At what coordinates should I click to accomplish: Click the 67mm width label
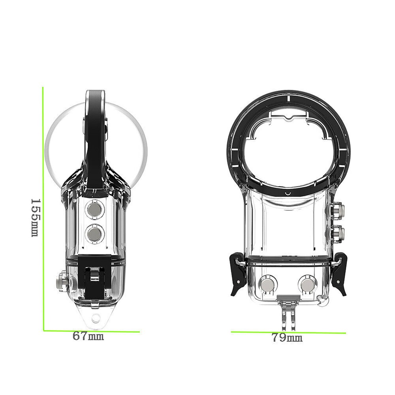tap(88, 337)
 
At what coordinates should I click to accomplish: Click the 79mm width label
tap(287, 338)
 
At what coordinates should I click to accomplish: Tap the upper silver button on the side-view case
tap(95, 210)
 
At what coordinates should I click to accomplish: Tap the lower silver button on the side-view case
tap(95, 234)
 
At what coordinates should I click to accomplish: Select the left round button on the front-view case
tap(268, 284)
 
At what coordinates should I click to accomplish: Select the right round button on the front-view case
tap(308, 284)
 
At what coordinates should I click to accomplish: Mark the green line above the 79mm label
tap(288, 332)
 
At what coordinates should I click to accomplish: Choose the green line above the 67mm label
tap(91, 331)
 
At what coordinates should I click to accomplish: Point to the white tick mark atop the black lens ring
tap(289, 96)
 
